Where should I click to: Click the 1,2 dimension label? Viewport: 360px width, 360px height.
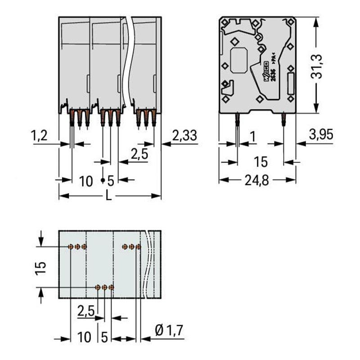pos(40,135)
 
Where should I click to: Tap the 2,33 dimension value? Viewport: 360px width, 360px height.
pos(184,135)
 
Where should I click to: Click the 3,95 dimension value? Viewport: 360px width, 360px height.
pos(321,134)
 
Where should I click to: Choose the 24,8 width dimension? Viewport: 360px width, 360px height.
pos(257,181)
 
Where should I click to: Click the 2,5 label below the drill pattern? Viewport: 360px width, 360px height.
pos(85,310)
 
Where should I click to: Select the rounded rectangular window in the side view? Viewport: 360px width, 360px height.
pos(239,60)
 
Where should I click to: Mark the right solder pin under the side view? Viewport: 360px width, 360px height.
pos(283,120)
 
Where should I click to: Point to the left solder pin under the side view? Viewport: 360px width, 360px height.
pos(237,121)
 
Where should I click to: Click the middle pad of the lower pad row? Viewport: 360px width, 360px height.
pos(104,287)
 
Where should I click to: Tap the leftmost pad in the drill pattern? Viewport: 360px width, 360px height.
pos(71,247)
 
